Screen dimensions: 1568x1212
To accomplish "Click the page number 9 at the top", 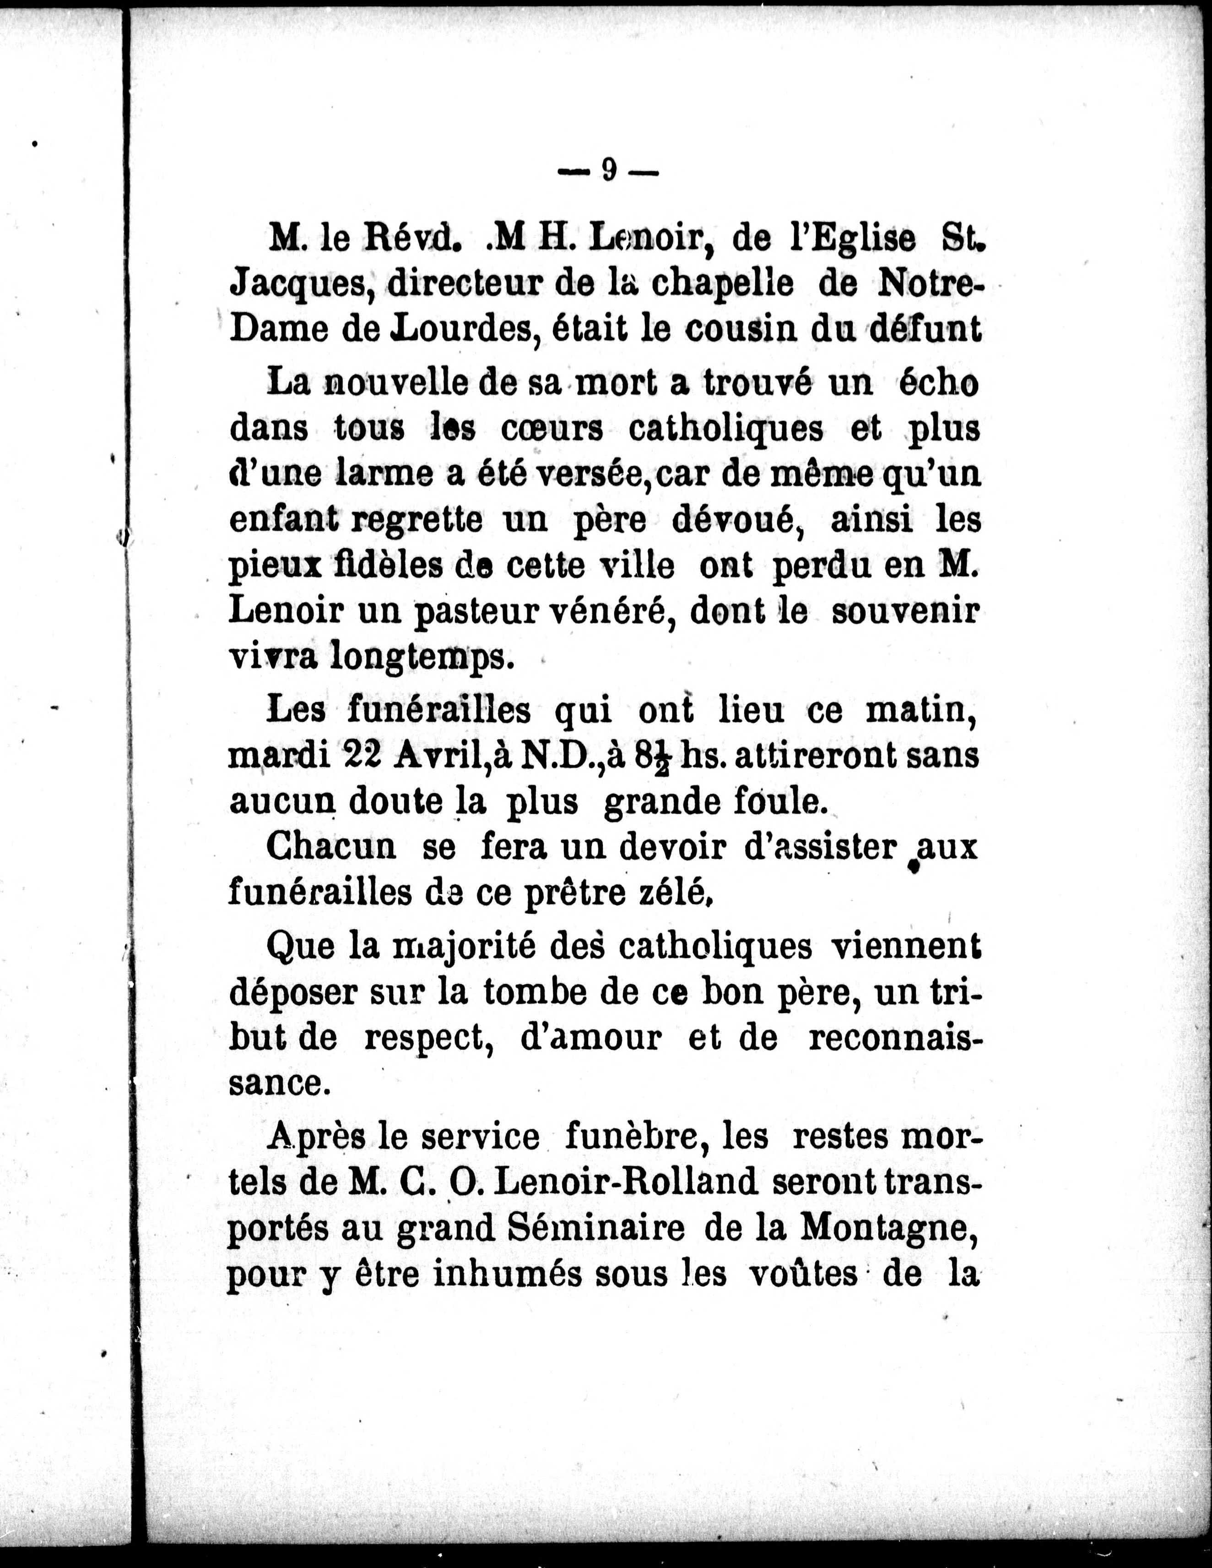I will [608, 170].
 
